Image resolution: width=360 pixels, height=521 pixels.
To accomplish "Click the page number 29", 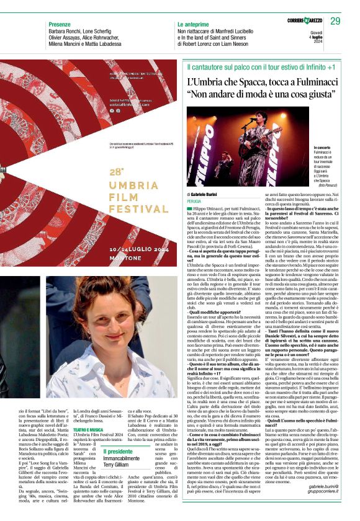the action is pos(335,22).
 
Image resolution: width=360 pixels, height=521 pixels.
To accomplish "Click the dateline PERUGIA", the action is pos(196,202).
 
